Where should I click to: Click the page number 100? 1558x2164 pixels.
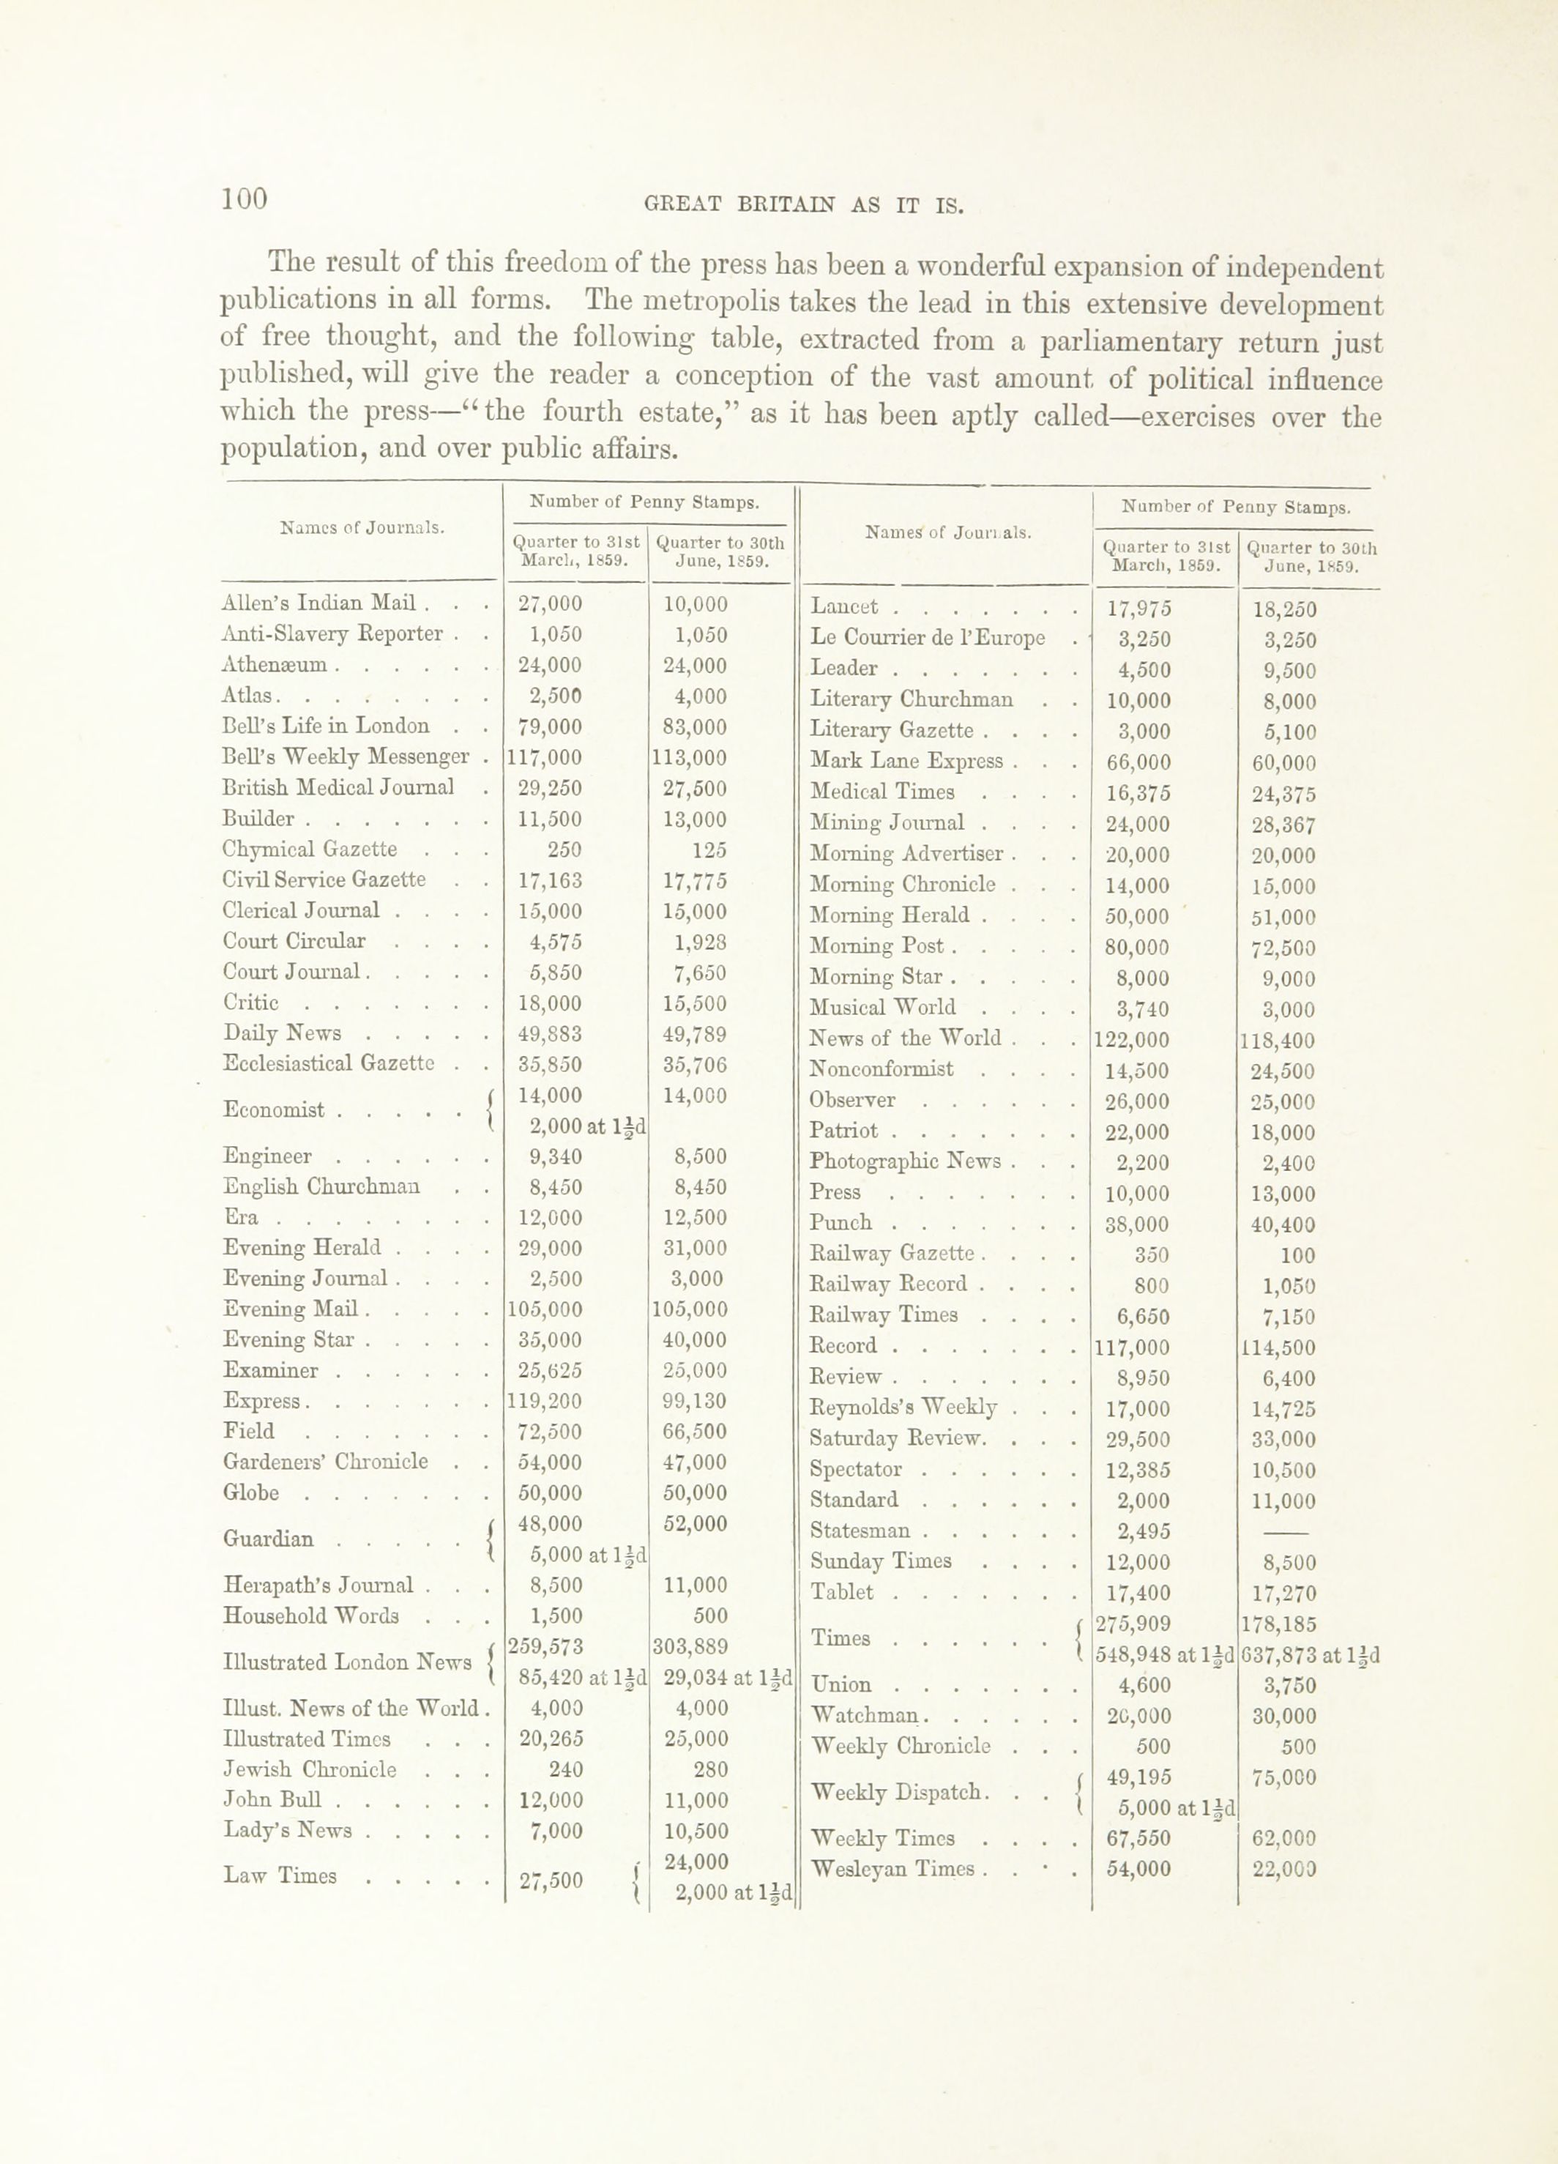point(245,198)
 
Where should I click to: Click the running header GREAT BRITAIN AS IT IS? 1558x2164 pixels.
point(803,204)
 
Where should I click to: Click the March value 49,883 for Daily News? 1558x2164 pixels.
point(550,1034)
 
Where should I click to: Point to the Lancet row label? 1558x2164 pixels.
point(843,607)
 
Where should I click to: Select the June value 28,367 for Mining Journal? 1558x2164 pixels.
point(1283,825)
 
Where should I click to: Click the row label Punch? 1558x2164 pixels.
point(840,1222)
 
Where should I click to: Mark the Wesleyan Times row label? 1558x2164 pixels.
point(891,1868)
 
